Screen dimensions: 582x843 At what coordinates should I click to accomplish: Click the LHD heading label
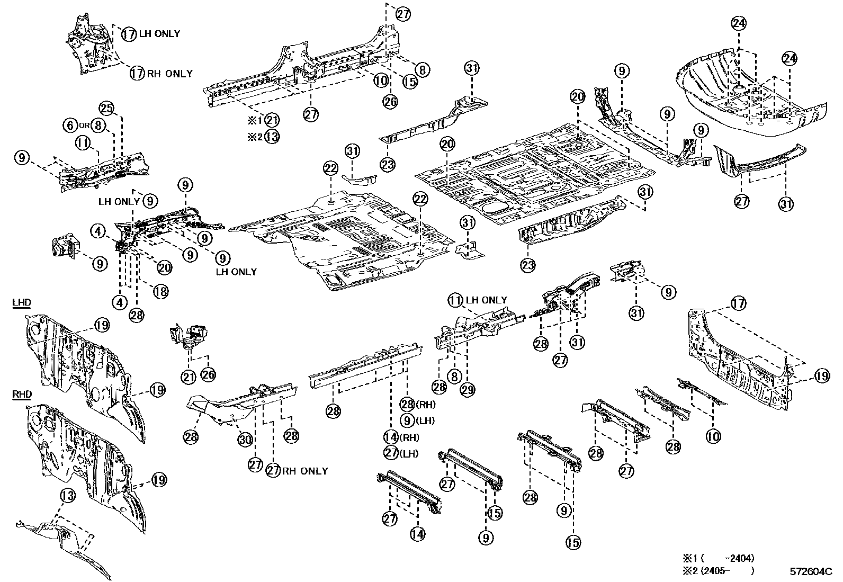pos(22,303)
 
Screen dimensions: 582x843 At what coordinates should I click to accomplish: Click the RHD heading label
pos(22,395)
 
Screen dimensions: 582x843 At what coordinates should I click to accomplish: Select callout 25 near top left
pos(106,110)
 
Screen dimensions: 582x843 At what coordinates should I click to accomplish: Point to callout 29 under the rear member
pos(468,390)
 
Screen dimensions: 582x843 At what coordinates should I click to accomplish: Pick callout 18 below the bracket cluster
pos(160,290)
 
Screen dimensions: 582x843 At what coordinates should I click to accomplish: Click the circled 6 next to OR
pos(71,126)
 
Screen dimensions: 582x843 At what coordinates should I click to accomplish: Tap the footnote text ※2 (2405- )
pos(718,570)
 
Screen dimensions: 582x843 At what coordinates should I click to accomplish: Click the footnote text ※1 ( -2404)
pos(718,558)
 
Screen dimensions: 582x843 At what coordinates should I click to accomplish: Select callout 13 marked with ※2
pos(272,137)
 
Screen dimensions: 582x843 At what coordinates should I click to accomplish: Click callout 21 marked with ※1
pos(272,120)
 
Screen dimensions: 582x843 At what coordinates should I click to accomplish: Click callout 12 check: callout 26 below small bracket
pos(208,375)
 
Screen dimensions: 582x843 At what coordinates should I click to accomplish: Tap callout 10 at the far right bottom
pos(713,436)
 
